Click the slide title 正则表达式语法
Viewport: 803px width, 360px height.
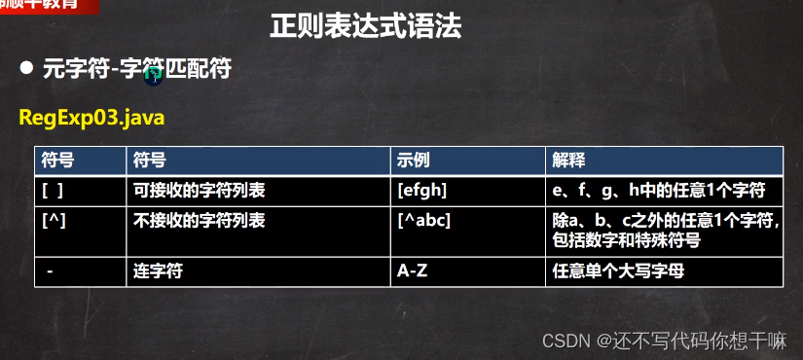(365, 26)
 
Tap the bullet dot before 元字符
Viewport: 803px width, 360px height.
(27, 69)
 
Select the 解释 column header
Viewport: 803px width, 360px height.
(568, 159)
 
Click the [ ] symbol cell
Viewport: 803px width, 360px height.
(53, 190)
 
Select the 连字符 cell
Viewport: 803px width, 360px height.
(157, 272)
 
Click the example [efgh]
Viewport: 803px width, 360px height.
(422, 190)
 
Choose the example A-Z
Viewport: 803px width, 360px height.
(413, 272)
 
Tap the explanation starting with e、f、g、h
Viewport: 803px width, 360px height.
(659, 190)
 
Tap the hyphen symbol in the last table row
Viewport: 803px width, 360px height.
(50, 272)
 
